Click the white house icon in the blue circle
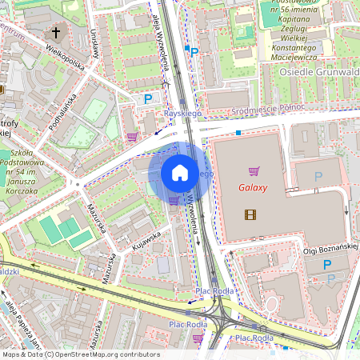(180, 173)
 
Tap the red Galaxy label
(253, 189)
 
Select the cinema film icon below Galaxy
(252, 214)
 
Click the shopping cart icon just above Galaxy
(254, 171)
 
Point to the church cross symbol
(56, 33)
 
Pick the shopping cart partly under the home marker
(174, 200)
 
